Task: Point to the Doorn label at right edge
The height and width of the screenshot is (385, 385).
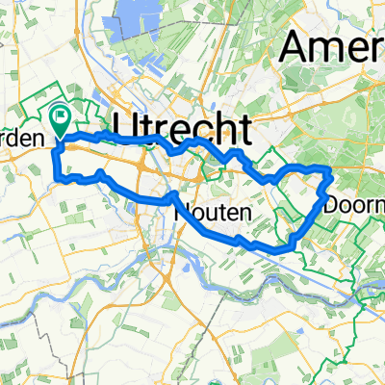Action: pos(355,205)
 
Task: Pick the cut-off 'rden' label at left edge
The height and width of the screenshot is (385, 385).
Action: pos(21,139)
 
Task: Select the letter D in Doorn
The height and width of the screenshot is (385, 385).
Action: pos(334,205)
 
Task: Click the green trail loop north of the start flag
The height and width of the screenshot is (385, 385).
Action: pos(38,96)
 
